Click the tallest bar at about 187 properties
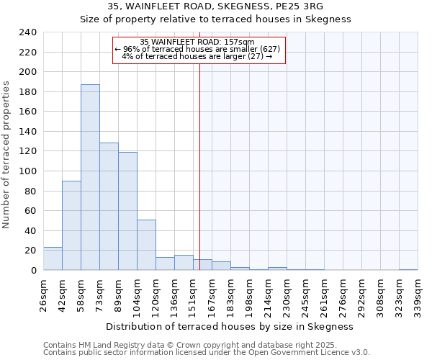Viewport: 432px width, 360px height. click(90, 177)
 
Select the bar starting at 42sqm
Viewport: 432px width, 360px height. click(71, 225)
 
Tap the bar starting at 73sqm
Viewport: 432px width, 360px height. click(109, 207)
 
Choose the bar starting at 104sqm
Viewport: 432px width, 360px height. click(146, 245)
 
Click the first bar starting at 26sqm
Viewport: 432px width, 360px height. click(53, 258)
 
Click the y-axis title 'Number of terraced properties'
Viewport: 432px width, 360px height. click(6, 154)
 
